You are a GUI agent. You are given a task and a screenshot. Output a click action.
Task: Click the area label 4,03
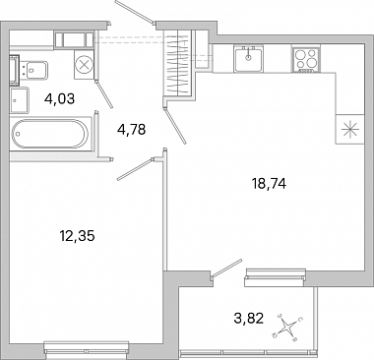[x=60, y=98]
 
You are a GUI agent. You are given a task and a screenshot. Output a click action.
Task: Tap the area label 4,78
[x=131, y=130]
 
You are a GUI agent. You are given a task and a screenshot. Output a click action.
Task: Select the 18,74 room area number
[x=269, y=184]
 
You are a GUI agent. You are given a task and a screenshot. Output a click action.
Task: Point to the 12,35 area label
[x=77, y=236]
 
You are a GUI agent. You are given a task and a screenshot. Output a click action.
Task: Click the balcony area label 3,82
[x=249, y=318]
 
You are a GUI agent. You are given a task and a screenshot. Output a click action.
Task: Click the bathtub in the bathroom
[x=50, y=134]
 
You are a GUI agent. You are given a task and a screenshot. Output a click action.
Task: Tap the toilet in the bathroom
[x=34, y=69]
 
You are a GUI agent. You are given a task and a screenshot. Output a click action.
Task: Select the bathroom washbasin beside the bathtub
[x=20, y=100]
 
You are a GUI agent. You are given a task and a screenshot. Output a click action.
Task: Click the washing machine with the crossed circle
[x=85, y=64]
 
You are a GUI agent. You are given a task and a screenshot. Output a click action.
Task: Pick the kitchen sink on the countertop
[x=248, y=59]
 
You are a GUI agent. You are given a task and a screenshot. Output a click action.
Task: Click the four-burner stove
[x=306, y=59]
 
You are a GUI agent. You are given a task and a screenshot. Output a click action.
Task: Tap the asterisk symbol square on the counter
[x=349, y=129]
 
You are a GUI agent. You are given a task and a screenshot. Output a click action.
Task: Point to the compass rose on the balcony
[x=288, y=327]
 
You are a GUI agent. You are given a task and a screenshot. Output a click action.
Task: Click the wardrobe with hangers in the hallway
[x=178, y=63]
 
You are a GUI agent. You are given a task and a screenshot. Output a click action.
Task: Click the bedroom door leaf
[x=136, y=169]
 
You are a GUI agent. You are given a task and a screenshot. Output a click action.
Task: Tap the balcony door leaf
[x=227, y=269]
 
